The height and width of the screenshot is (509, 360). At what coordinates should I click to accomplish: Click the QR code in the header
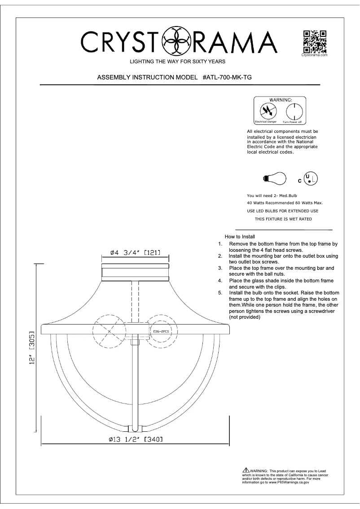(x=314, y=41)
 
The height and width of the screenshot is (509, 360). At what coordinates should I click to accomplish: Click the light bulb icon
(x=274, y=178)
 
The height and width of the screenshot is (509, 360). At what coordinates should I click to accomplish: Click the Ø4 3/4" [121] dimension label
(x=135, y=253)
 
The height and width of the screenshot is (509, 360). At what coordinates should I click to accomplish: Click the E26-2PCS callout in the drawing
(x=160, y=332)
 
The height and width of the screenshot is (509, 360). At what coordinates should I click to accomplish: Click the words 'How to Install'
(x=240, y=237)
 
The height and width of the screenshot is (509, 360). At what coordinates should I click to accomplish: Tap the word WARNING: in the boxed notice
(x=281, y=99)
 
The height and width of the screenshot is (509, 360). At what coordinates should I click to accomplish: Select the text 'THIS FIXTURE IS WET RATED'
(x=283, y=219)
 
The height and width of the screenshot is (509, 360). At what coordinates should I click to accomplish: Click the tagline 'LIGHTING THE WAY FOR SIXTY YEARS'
(x=177, y=61)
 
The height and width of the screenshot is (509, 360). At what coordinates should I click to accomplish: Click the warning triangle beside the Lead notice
(x=245, y=470)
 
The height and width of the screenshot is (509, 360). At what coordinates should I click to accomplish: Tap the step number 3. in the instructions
(x=220, y=268)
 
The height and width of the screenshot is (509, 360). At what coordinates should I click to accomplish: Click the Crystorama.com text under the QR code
(x=314, y=55)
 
